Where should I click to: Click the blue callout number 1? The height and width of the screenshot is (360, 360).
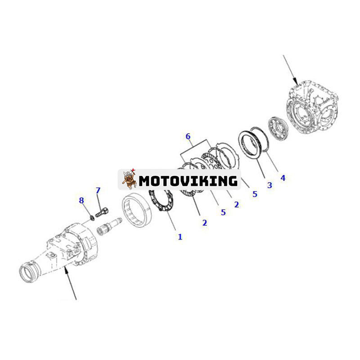coord(180,237)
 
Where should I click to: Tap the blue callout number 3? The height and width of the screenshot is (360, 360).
coord(270,185)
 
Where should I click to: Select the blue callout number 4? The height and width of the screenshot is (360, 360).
coord(283,178)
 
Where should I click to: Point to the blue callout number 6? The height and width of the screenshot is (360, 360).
coord(188,136)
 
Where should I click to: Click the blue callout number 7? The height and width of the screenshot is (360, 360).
coord(98,190)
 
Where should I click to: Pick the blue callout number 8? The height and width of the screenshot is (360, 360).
coord(81,200)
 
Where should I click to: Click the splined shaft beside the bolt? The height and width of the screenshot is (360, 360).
coord(109,226)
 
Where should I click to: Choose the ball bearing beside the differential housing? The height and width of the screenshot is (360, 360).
coord(278,128)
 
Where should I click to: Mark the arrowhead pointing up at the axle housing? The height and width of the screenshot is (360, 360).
coord(66,270)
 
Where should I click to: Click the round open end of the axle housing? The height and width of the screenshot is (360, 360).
coord(27,274)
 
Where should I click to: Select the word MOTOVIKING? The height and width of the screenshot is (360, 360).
coord(188,181)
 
